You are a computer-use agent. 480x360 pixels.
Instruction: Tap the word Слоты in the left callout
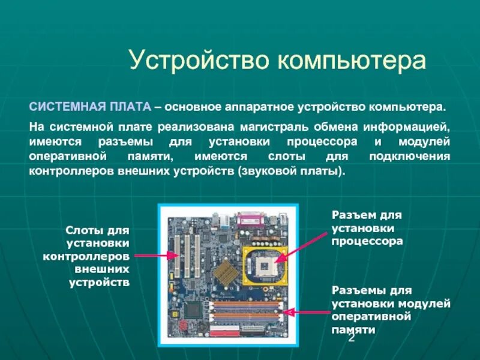[x=85, y=231]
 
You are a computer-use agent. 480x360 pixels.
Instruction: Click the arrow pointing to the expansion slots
[x=156, y=256]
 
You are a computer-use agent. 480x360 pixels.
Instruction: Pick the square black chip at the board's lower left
[x=193, y=310]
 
